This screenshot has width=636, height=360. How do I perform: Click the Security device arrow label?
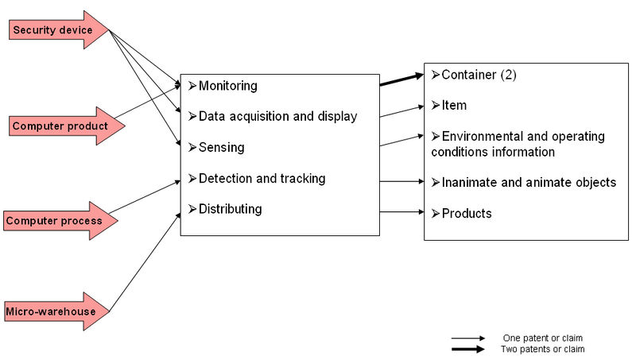click(x=52, y=30)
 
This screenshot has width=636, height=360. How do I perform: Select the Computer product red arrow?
click(x=60, y=126)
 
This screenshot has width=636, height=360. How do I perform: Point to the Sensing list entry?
click(x=221, y=147)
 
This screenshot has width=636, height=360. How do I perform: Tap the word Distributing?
click(x=230, y=209)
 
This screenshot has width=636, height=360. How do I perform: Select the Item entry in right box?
click(x=454, y=105)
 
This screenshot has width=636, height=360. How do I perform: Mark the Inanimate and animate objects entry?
click(x=529, y=182)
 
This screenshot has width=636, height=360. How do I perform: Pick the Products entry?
click(x=467, y=213)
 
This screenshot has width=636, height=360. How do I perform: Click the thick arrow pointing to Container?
click(x=401, y=79)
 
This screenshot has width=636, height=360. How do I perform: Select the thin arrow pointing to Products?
click(x=401, y=211)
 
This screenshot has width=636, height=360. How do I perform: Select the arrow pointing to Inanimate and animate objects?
click(x=401, y=182)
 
